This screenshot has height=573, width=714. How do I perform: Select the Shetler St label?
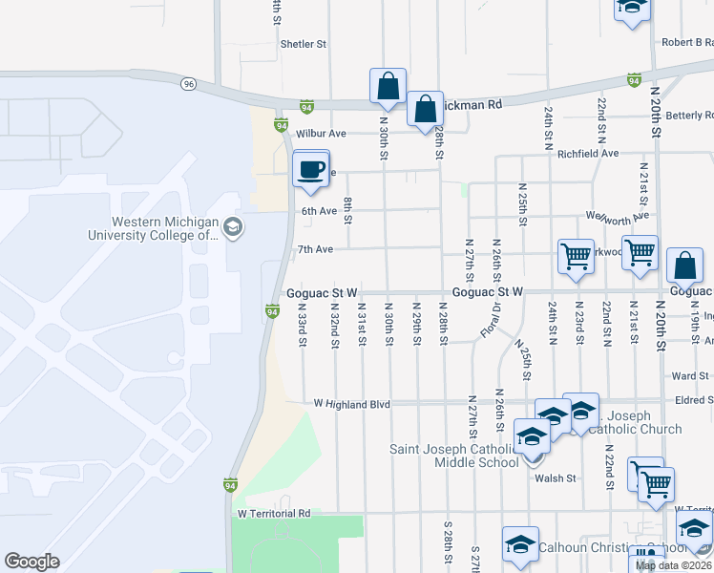[304, 44]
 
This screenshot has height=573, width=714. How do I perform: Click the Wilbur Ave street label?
[321, 134]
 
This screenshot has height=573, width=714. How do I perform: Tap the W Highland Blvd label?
[352, 404]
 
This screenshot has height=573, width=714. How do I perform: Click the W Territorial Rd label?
[274, 513]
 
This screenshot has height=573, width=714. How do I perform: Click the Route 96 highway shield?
[189, 84]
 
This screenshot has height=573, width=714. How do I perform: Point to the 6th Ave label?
[319, 211]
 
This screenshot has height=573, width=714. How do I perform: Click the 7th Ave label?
[315, 249]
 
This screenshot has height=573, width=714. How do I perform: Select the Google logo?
[31, 562]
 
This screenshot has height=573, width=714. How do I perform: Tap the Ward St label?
[690, 376]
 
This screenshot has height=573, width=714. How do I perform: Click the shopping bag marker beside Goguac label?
[684, 266]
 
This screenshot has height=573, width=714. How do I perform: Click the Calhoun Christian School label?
[612, 547]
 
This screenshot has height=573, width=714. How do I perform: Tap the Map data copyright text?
[674, 565]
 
